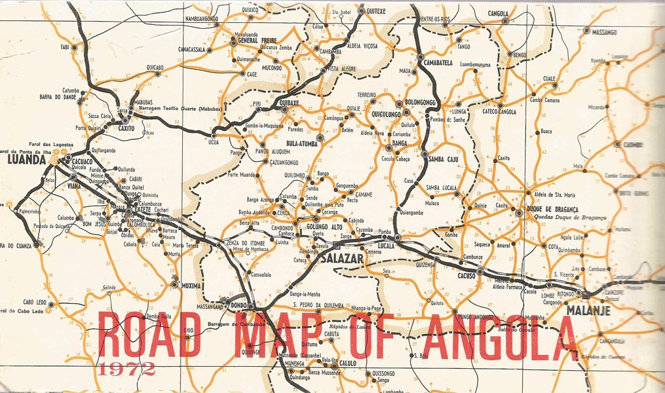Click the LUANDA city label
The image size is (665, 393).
[x=25, y=158]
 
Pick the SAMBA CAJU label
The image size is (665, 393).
[x=446, y=159]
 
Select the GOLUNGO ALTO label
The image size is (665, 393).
[x=325, y=226]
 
